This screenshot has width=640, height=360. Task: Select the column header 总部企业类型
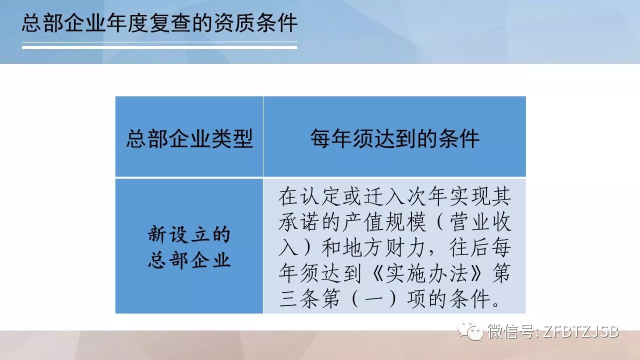[189, 138]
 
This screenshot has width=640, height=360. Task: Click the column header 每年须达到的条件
[395, 138]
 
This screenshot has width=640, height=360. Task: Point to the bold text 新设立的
[189, 234]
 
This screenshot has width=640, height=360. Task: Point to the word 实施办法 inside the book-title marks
[427, 273]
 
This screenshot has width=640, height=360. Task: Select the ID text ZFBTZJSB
[581, 331]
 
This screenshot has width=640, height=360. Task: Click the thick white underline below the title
[159, 47]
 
